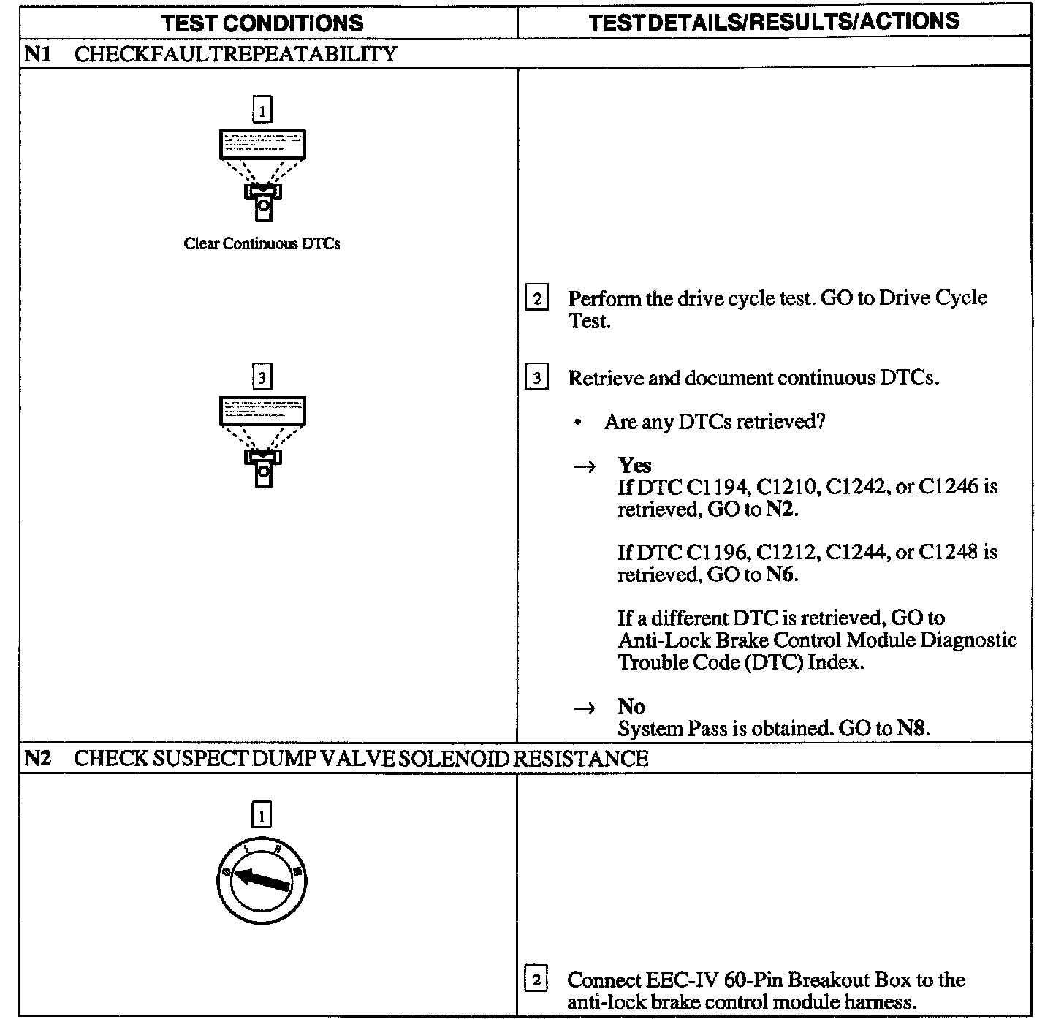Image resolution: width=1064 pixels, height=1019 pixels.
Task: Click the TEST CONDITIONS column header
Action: coord(262,23)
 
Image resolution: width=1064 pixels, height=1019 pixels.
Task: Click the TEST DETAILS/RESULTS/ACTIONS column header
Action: coord(774,22)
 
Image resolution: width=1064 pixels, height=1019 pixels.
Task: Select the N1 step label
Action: coord(37,54)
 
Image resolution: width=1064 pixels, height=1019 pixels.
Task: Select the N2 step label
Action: coord(37,759)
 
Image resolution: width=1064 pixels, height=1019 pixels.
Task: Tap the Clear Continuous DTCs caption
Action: coord(262,244)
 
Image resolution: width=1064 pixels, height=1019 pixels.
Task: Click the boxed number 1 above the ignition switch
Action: coord(261,814)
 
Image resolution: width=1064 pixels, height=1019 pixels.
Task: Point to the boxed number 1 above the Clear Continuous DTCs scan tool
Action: coord(262,110)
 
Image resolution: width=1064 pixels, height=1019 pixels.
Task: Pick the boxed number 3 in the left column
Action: coord(262,377)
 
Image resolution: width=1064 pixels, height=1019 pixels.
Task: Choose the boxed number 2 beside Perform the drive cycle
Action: coord(537,298)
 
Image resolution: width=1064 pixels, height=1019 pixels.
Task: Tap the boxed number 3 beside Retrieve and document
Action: coord(537,378)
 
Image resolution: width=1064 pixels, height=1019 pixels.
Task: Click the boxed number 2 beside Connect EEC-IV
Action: coord(536,980)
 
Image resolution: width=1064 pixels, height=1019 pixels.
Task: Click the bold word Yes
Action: coord(634,465)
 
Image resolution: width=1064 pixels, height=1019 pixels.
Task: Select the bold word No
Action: coord(631,706)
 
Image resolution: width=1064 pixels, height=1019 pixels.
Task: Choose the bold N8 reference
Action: coord(912,729)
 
